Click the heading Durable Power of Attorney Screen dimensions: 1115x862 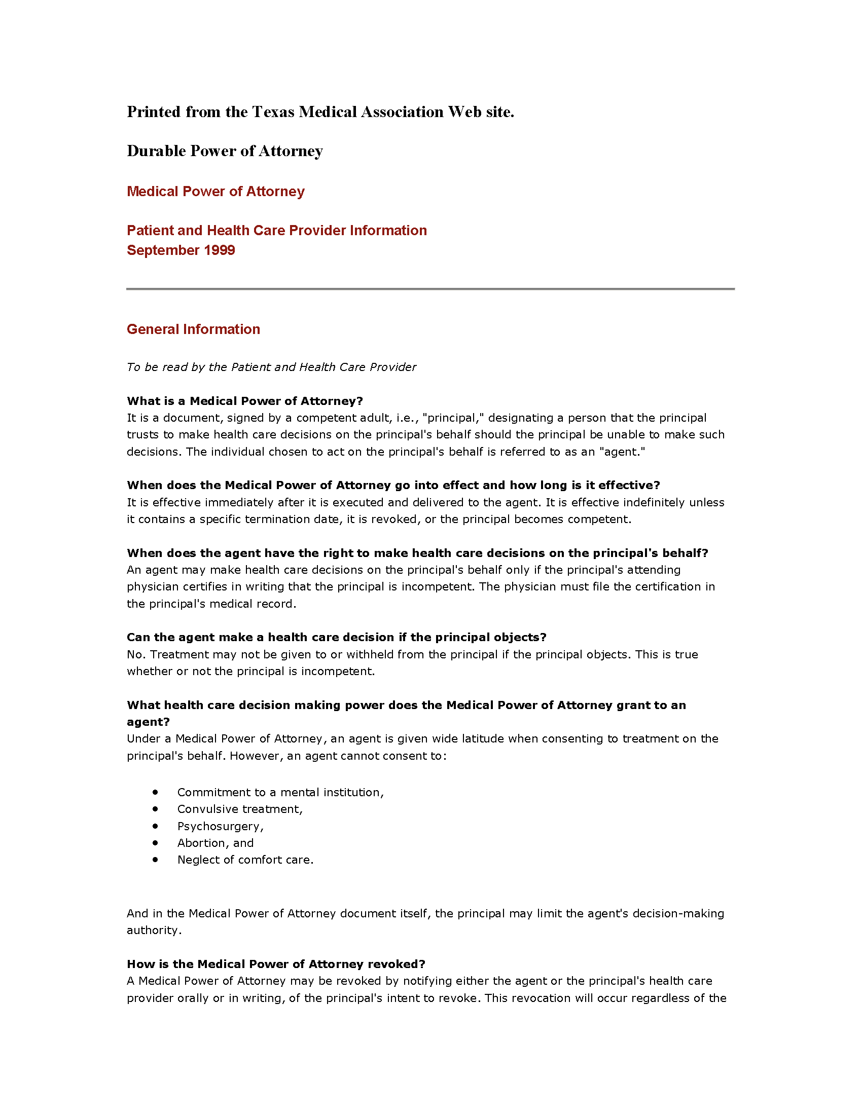225,151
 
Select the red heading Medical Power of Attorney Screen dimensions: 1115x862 215,192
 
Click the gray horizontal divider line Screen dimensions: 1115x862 430,289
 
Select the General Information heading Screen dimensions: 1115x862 193,329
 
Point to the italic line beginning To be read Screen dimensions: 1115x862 271,367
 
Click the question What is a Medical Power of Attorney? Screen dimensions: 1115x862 244,401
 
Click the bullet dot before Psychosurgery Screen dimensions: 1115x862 155,826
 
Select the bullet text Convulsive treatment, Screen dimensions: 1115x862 240,809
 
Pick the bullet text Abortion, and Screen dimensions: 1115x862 215,843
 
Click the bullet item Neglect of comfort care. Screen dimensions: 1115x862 245,860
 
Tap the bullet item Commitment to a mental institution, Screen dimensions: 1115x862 280,792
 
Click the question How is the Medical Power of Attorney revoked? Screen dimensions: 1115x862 276,964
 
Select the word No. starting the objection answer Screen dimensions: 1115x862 136,654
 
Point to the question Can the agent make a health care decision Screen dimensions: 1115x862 337,637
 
